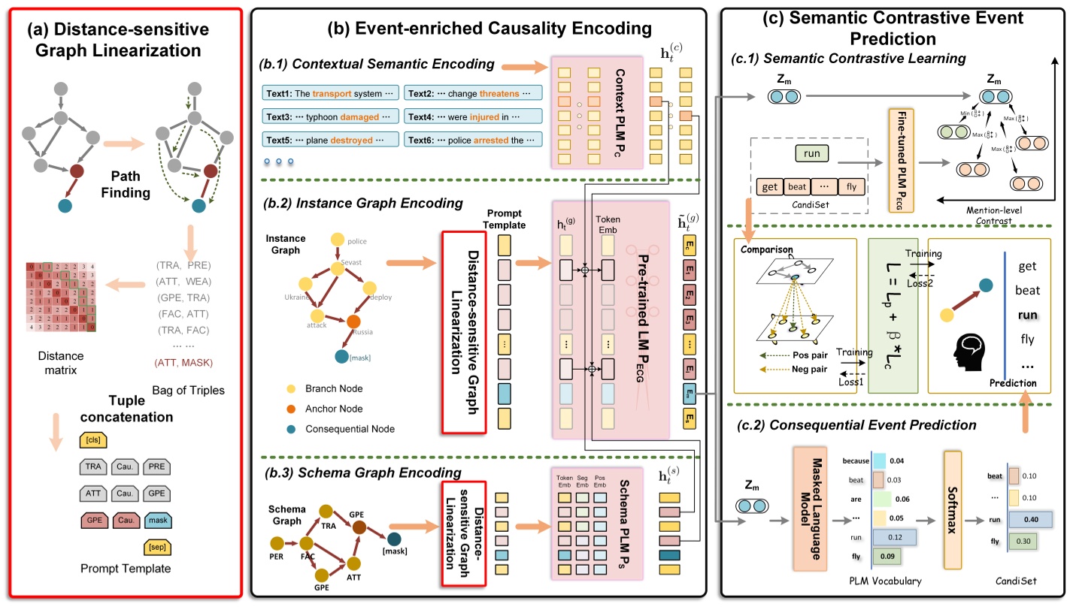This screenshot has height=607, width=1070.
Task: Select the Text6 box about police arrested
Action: [x=473, y=140]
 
